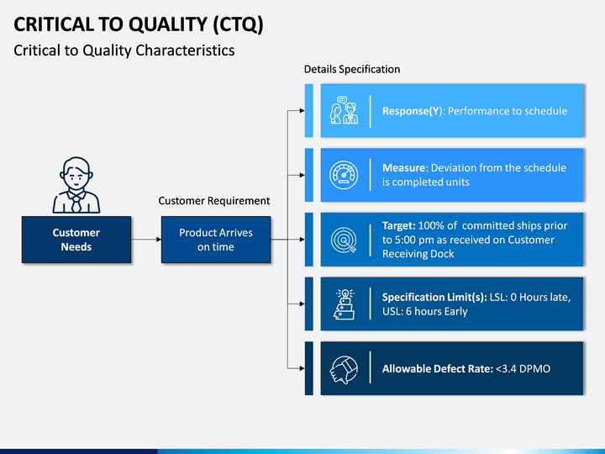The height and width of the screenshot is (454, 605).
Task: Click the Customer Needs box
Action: pos(76,240)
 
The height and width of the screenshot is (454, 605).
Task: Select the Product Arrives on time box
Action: pos(216,240)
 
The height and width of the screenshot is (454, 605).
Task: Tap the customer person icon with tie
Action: pos(76,185)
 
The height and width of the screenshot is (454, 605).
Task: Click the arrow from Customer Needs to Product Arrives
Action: pos(146,240)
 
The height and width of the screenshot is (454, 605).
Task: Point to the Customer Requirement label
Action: pos(214,201)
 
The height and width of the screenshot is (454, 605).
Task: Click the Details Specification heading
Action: pos(352,69)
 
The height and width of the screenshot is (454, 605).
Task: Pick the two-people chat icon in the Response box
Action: pos(344,110)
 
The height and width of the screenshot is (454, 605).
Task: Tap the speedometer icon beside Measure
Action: pos(344,175)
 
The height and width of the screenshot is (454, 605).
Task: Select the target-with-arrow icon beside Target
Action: pos(344,240)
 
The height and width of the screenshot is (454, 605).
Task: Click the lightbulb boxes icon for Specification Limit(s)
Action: pos(344,304)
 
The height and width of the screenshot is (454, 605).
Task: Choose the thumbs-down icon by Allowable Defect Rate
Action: pos(344,369)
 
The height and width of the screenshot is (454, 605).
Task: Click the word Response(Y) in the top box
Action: pos(412,111)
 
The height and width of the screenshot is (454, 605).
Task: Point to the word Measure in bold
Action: pos(405,168)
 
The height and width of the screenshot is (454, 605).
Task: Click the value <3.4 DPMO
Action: pos(523,369)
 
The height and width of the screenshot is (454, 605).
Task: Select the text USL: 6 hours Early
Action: pos(425,312)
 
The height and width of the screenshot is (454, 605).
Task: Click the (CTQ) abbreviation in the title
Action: pos(238,24)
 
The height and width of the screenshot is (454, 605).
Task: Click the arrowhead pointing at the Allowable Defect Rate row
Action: pos(302,368)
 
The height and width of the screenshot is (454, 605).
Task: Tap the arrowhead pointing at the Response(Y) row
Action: pos(302,111)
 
